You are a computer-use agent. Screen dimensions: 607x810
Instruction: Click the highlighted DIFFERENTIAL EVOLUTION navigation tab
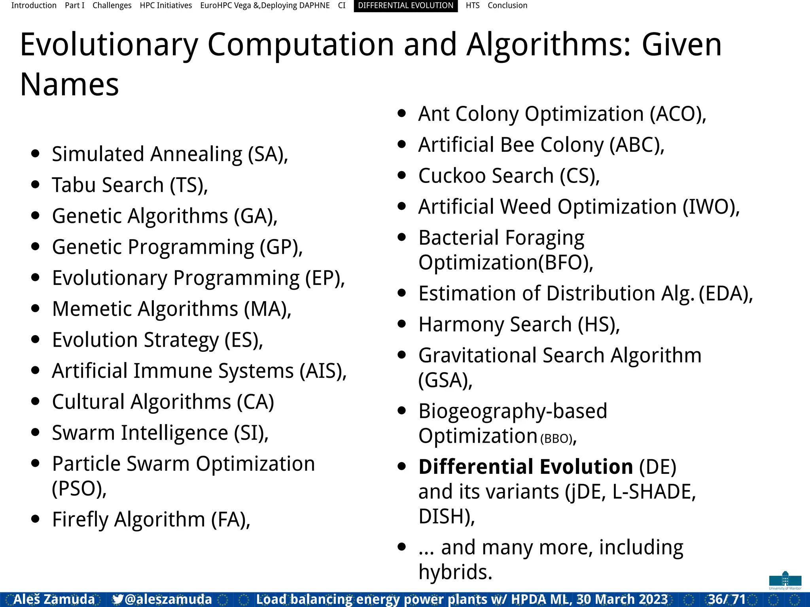[405, 6]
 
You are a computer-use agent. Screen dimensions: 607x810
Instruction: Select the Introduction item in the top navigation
[34, 6]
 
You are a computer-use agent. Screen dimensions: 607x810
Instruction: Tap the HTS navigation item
[472, 6]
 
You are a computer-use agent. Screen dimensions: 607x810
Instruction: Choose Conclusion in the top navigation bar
[507, 6]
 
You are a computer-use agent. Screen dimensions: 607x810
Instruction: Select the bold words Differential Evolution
[526, 467]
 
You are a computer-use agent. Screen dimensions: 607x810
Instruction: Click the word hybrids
[454, 572]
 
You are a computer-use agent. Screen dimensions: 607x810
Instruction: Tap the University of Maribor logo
[785, 580]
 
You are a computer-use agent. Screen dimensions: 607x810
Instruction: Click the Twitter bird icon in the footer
[117, 599]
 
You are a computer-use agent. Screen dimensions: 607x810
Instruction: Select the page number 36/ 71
[727, 599]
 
